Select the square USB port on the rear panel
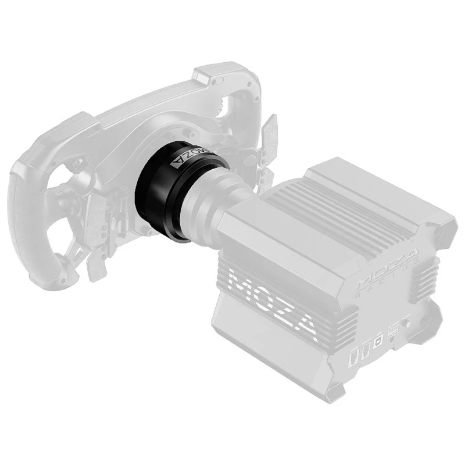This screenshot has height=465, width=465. (x=377, y=342)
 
